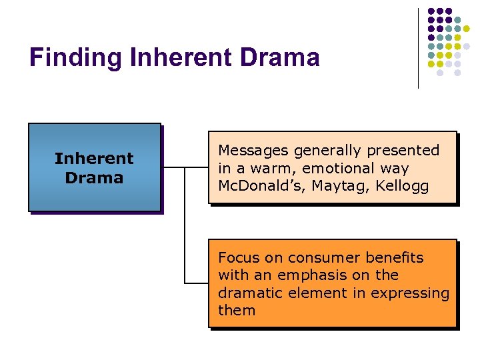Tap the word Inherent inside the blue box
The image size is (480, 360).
(x=94, y=159)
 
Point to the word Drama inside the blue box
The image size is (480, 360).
(x=94, y=178)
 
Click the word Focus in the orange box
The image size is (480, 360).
(x=237, y=258)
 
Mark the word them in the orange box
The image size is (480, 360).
(x=237, y=311)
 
